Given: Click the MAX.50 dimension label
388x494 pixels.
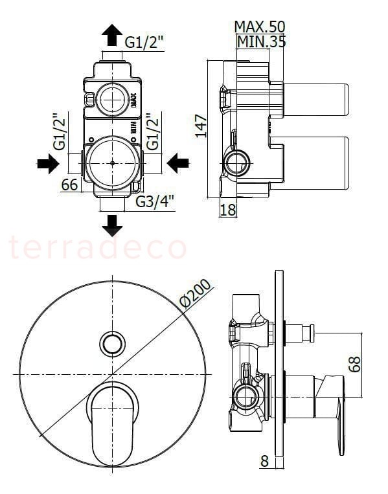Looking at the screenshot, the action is click(259, 27).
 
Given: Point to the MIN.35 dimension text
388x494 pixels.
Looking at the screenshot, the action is click(261, 41).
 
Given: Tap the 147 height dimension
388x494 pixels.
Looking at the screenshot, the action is click(201, 126).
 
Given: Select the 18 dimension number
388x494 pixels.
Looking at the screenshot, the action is click(228, 210).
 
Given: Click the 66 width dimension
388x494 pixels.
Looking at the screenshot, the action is click(69, 185).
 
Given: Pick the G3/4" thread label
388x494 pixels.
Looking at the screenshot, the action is click(155, 201).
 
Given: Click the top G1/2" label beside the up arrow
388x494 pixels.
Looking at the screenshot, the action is click(144, 42).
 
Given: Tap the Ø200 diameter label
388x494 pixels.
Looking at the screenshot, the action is click(195, 293).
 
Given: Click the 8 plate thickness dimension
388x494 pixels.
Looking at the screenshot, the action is click(265, 461).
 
